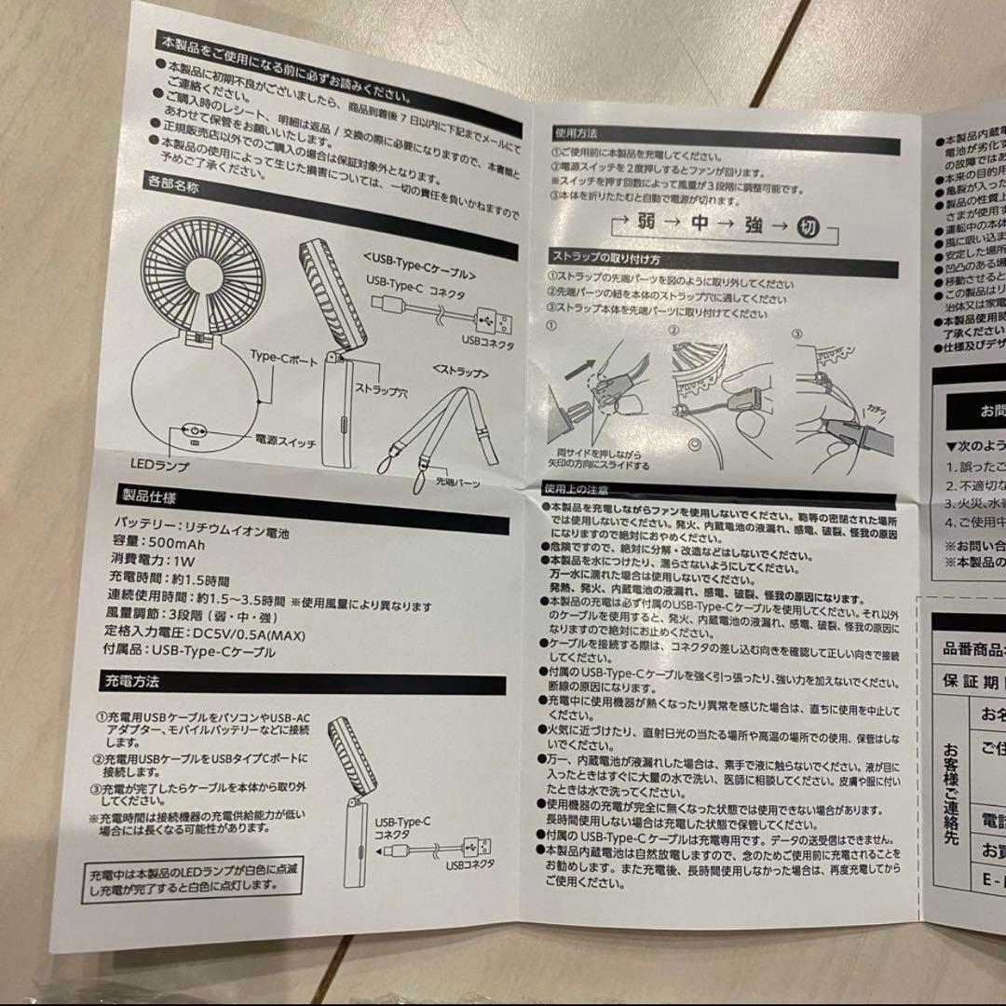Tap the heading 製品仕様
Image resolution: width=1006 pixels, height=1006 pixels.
pos(142,494)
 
